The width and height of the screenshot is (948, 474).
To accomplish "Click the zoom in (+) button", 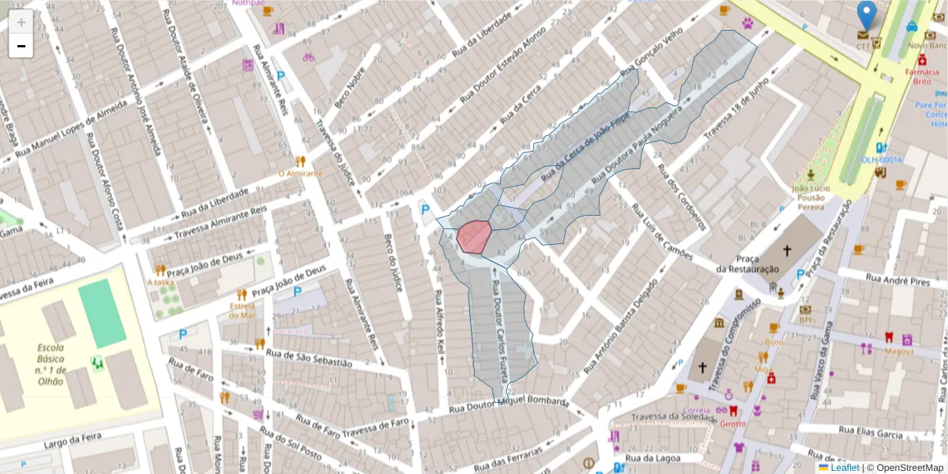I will [x=21, y=22].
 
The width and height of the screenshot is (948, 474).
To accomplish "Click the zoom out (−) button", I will [x=21, y=46].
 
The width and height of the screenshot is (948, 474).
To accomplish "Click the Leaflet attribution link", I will [x=845, y=468].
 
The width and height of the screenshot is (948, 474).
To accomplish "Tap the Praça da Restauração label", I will [x=747, y=264].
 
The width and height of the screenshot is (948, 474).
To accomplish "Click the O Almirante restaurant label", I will [x=300, y=173].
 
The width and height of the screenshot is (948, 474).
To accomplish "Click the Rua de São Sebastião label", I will [x=309, y=358].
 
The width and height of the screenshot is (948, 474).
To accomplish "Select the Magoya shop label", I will [x=899, y=351].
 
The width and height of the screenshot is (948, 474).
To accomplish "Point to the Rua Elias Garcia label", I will [x=871, y=433].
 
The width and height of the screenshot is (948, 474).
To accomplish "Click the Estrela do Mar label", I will [x=243, y=310].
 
